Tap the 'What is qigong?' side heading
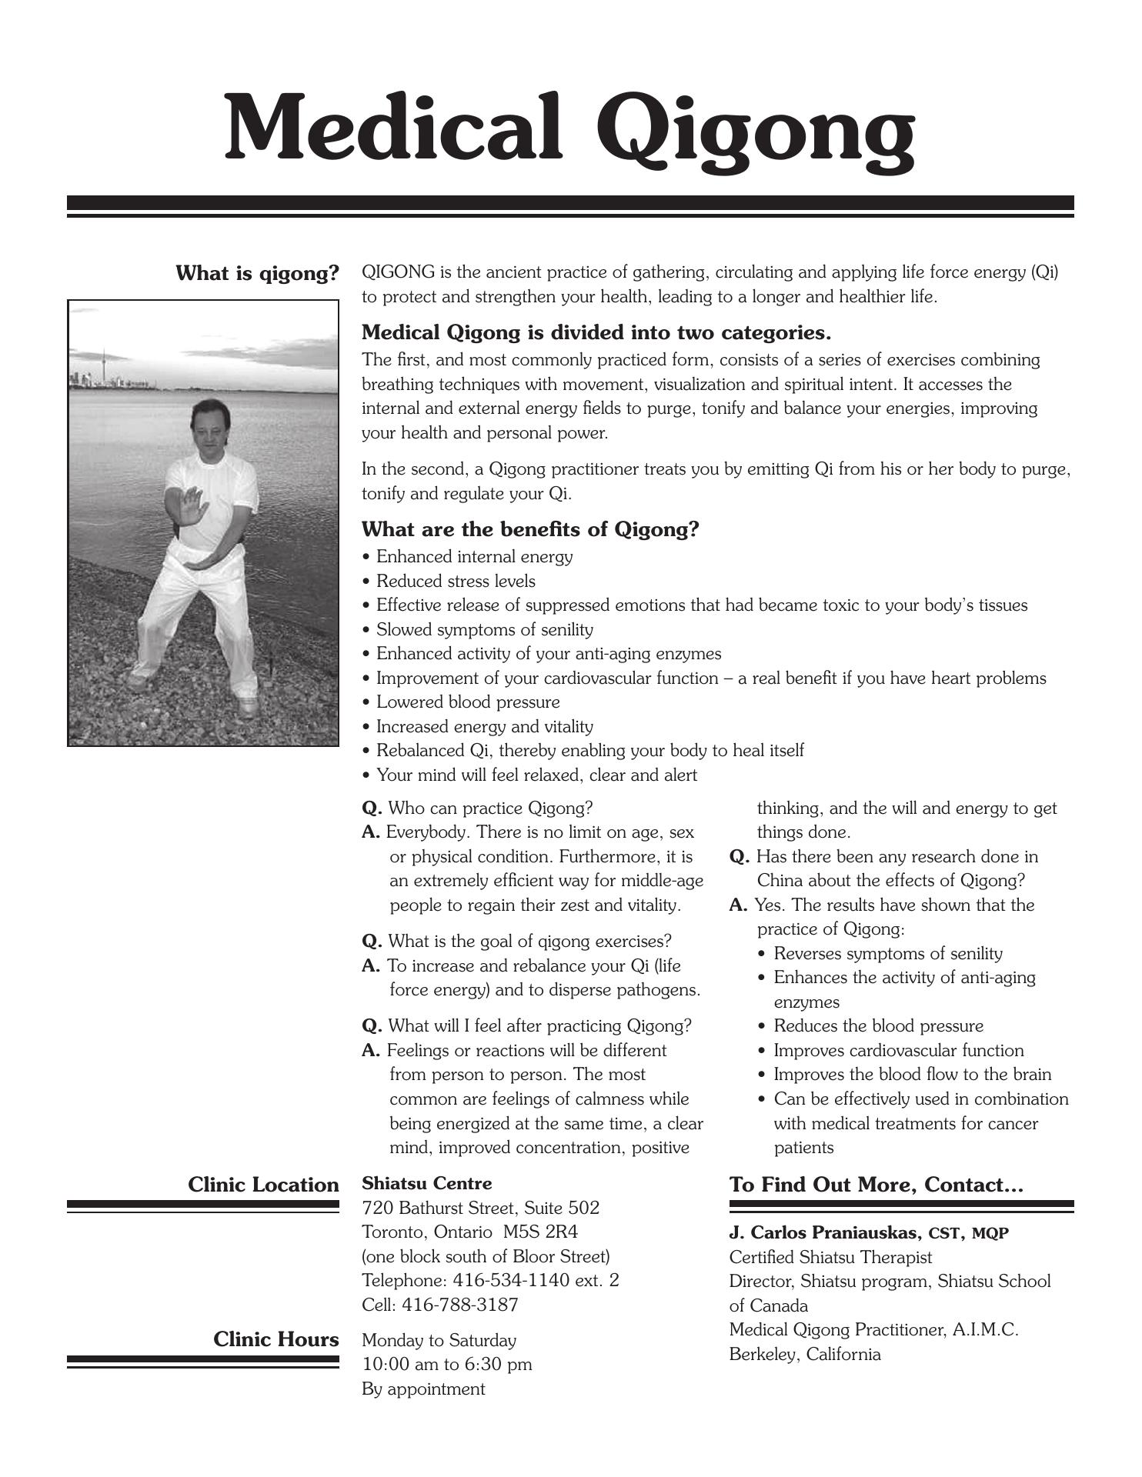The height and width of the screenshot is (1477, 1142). coord(257,274)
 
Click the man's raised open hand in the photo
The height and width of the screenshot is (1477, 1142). coord(192,505)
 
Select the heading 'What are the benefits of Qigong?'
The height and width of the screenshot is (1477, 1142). coord(530,529)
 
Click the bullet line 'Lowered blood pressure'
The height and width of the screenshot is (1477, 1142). coord(468,702)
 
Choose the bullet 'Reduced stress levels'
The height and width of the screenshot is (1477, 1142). coord(456,581)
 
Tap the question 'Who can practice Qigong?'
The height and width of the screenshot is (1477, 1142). coord(490,809)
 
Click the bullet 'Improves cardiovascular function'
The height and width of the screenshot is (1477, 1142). coord(898,1051)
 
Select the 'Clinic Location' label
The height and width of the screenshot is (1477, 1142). coord(263,1185)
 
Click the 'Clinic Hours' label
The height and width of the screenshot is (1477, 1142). coord(275,1339)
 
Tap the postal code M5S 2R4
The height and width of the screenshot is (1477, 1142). coord(540,1232)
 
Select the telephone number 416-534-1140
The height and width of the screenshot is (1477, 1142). coord(511,1280)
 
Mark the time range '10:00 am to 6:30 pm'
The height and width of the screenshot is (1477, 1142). coord(446,1364)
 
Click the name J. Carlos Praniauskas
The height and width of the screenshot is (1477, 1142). coord(825,1233)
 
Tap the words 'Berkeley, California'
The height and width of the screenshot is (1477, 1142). coord(804,1354)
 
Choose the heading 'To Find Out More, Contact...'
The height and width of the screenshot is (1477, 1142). coord(876,1185)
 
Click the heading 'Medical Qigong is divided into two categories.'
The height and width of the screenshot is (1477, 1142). coord(596,333)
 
